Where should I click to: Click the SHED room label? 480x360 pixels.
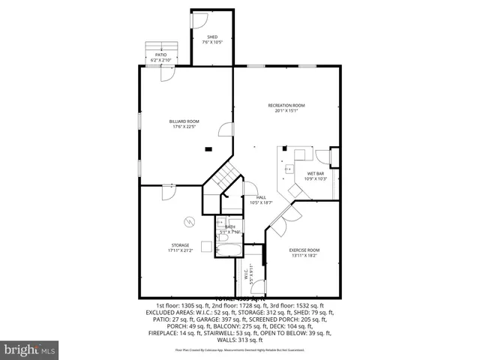coord(212,37)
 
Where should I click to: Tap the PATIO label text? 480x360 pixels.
coord(160,54)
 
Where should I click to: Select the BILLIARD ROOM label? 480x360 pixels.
coord(184,121)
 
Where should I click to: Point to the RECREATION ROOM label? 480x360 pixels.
coord(286,106)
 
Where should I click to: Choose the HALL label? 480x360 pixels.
coord(260,197)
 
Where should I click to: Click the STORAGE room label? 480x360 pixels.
coord(180,245)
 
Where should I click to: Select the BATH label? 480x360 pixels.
coord(229,226)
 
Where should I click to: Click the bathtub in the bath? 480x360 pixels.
coord(226,247)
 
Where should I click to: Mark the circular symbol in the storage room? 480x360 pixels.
coord(190,221)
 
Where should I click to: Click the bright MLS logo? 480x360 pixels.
coord(30,349)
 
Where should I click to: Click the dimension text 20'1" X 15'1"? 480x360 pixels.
coord(286,112)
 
